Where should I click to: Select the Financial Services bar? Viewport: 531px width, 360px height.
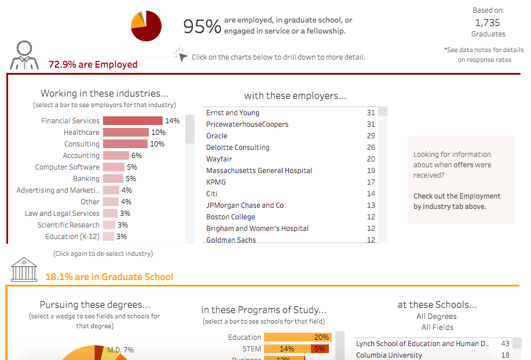133,121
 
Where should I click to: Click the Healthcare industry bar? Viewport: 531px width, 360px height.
126,133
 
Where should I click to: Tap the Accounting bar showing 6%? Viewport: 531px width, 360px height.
116,156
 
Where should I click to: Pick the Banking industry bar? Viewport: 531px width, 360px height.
113,179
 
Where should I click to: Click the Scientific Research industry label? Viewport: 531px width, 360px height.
68,225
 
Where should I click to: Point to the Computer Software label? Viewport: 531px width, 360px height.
67,167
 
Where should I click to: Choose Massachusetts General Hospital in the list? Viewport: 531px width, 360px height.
259,171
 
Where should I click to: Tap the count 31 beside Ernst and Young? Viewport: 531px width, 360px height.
371,113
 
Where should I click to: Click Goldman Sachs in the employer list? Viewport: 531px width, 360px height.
230,240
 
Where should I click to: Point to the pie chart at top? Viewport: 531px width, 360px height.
146,26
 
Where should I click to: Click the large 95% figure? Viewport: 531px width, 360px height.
202,26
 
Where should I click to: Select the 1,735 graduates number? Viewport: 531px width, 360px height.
488,23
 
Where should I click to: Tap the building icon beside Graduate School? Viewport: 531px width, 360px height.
24,269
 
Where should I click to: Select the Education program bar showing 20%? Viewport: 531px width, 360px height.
297,337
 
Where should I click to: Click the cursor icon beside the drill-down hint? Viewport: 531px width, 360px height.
181,55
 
